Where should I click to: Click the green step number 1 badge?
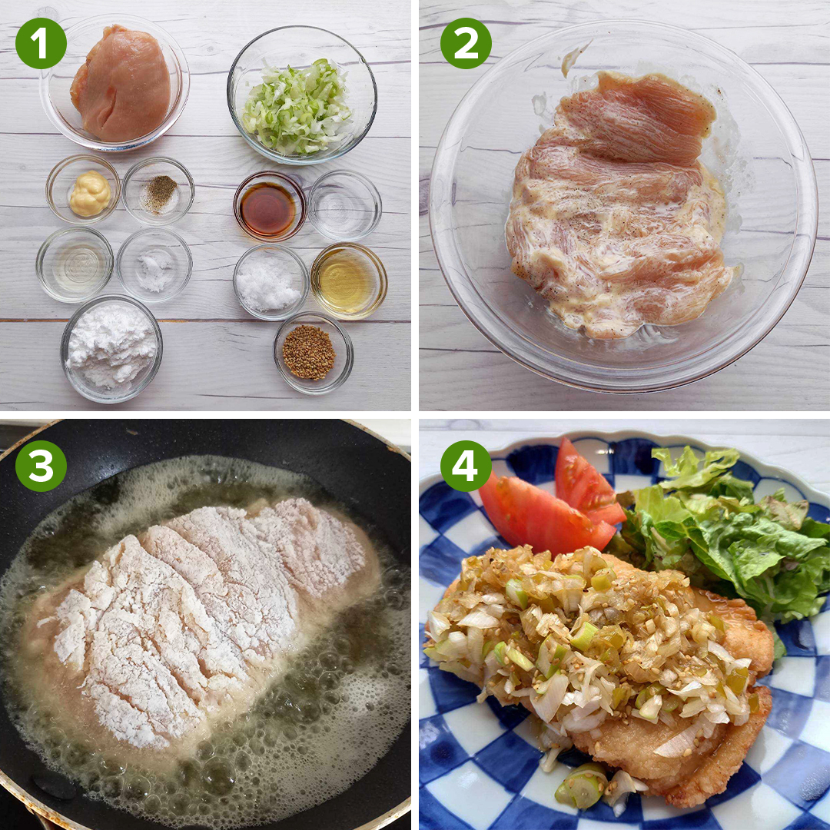(41, 43)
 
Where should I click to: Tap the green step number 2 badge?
(466, 43)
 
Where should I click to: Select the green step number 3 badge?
(41, 466)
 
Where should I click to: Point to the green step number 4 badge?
(466, 466)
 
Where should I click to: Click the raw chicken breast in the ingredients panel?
(121, 84)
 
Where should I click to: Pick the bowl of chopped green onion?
(302, 95)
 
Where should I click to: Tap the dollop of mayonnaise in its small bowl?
(90, 193)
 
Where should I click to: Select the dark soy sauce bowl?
(270, 207)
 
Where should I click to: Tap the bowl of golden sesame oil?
(349, 281)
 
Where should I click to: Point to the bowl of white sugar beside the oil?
(271, 281)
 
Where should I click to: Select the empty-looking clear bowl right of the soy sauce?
(344, 205)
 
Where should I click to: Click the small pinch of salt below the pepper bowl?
(154, 271)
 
